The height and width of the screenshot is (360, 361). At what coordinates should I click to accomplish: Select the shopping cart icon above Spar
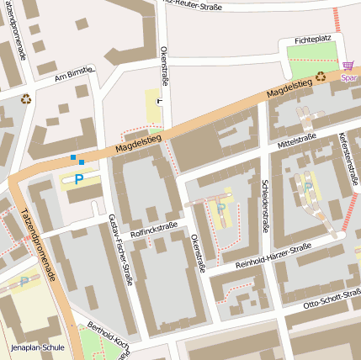348,65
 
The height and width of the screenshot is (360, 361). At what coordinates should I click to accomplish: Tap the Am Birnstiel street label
73,74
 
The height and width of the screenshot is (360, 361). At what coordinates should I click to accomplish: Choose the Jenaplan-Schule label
37,347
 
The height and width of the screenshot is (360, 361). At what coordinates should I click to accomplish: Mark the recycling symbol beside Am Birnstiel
26,98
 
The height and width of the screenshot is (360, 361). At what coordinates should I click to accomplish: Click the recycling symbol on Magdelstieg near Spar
321,77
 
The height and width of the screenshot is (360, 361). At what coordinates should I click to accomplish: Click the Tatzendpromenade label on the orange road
39,244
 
